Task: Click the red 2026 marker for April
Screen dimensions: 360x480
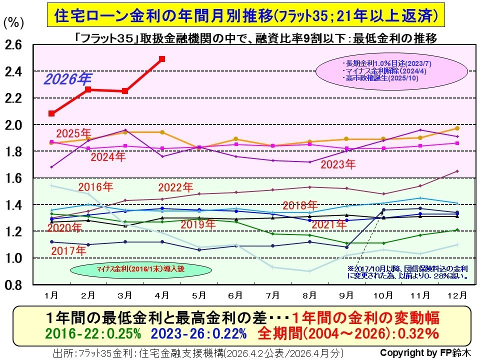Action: (161, 59)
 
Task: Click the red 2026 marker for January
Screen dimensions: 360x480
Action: (51, 113)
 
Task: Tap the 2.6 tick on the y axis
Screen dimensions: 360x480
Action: (13, 45)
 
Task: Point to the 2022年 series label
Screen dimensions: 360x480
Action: (175, 188)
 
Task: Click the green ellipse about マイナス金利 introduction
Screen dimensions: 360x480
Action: (126, 269)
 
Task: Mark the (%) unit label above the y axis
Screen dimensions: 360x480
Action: (12, 23)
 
